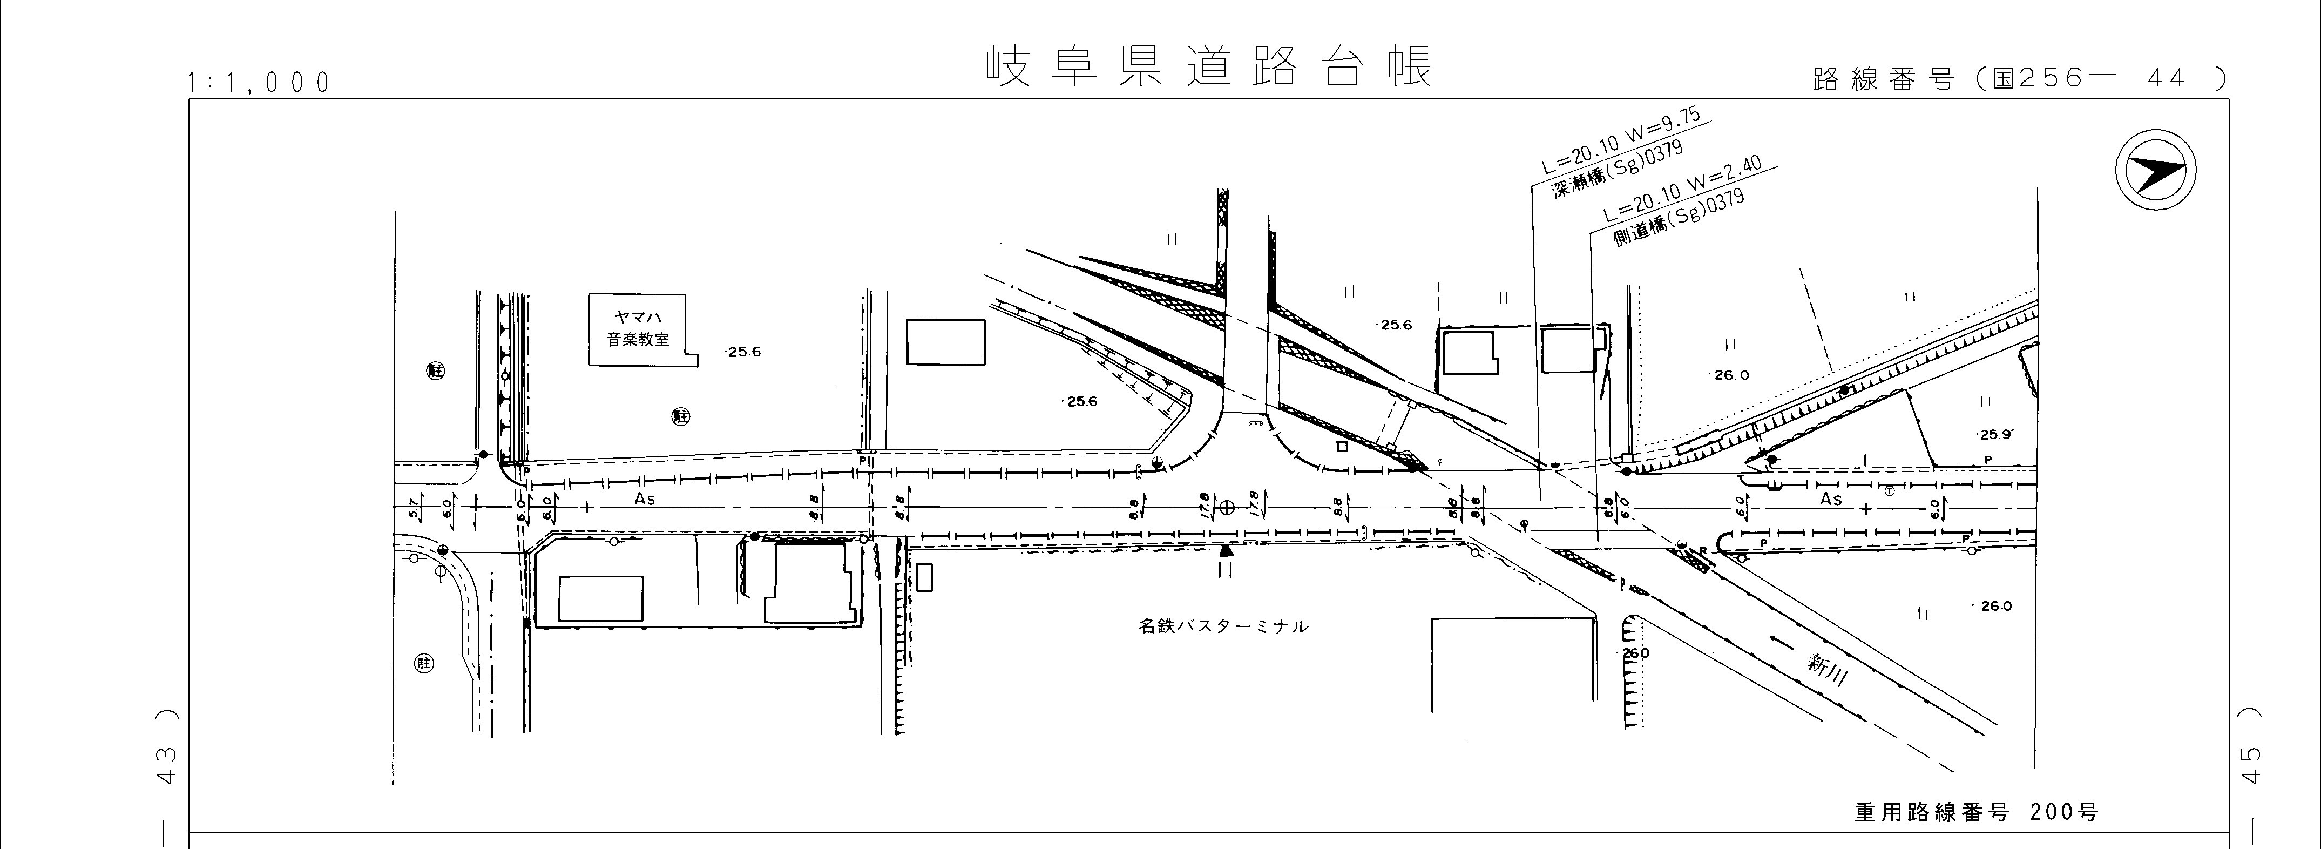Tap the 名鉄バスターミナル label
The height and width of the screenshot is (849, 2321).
pyautogui.click(x=1223, y=625)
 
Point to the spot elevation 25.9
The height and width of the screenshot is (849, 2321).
pyautogui.click(x=1995, y=434)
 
